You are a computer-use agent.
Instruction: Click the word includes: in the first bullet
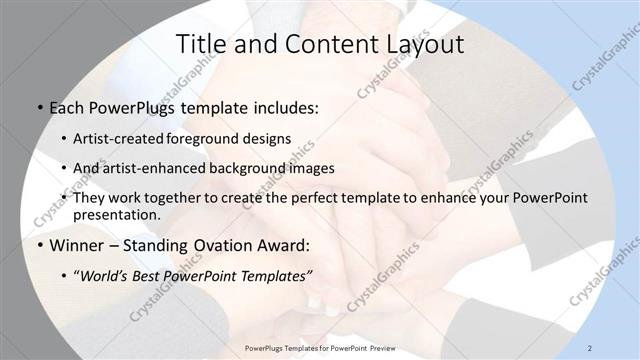click(x=278, y=105)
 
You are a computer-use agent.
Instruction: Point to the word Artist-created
click(x=120, y=139)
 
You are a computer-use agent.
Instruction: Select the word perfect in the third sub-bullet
click(x=307, y=198)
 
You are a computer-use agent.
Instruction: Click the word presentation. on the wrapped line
click(x=117, y=214)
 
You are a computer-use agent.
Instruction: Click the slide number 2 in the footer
click(x=591, y=347)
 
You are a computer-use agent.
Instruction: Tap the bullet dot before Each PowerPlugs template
click(x=38, y=106)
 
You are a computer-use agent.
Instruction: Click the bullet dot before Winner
click(x=38, y=243)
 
